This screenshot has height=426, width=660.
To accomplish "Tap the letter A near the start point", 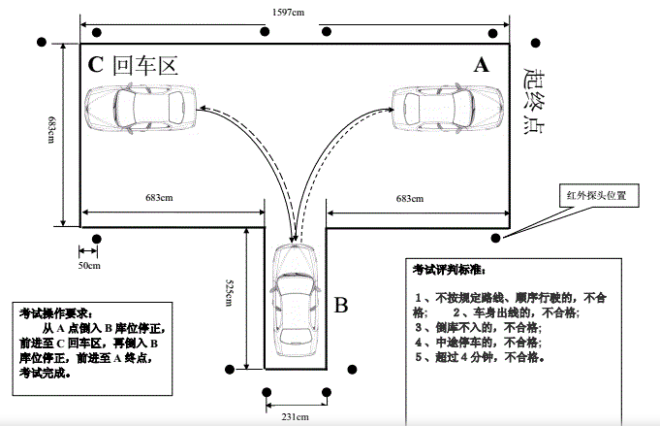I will coord(481,65).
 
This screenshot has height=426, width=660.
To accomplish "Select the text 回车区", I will coord(146,65).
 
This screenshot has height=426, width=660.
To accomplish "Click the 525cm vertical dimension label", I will coord(229,291).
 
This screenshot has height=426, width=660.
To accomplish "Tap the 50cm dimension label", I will coord(89,264).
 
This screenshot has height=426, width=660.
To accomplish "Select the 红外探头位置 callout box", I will coord(596,195).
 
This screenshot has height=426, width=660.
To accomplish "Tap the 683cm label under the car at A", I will coord(409,199).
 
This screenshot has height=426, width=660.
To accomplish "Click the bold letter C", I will coord(96,65).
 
